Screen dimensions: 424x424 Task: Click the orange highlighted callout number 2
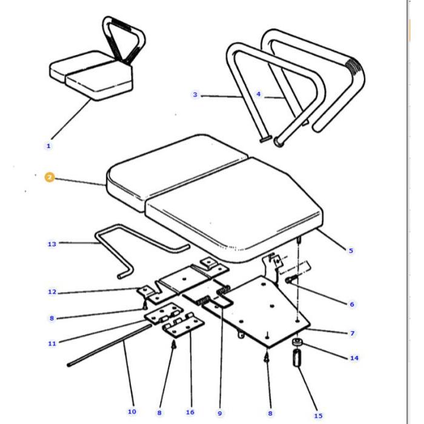[49, 177]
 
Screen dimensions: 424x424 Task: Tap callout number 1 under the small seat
[48, 145]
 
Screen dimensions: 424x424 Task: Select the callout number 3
[195, 94]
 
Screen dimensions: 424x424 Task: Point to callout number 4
[259, 94]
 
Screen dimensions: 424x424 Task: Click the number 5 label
[351, 250]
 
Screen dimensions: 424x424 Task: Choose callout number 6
[352, 304]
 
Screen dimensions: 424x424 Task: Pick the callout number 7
[352, 333]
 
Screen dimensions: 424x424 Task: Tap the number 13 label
[51, 244]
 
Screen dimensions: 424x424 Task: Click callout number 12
[51, 292]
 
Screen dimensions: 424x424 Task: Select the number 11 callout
[51, 343]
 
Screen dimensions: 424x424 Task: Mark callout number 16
[190, 412]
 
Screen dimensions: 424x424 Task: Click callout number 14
[354, 358]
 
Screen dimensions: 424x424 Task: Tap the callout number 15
[318, 416]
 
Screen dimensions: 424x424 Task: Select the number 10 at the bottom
[131, 412]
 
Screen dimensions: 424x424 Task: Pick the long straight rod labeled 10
[109, 345]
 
